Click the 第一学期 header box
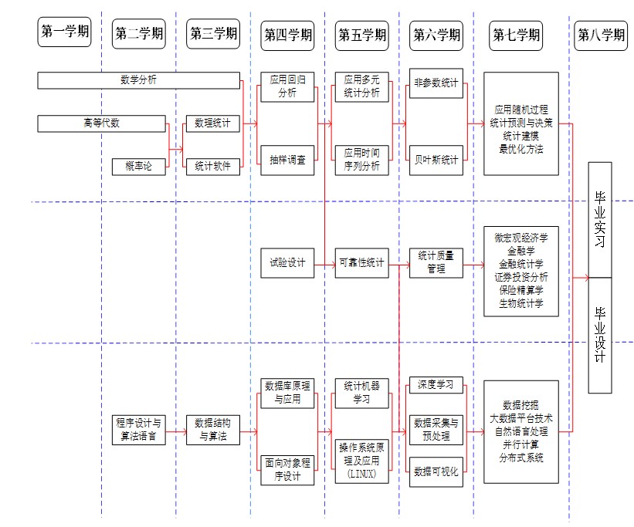pos(64,33)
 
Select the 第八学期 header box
pos(600,34)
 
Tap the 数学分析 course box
pos(139,79)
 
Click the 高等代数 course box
pos(101,123)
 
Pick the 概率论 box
pos(139,166)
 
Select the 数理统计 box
pos(212,123)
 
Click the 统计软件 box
pos(212,165)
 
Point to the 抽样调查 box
pos(287,160)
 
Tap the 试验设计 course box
pos(287,263)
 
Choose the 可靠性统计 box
pos(361,263)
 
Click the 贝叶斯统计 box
pos(436,160)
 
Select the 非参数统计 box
pos(436,83)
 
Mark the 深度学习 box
pos(436,384)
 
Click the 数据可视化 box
pos(436,471)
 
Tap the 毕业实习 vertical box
pos(600,220)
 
